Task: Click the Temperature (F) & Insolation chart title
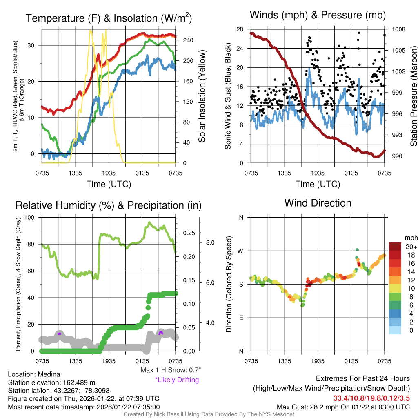coord(109,18)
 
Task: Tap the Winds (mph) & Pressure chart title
coord(318,15)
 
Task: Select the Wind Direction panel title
coord(318,203)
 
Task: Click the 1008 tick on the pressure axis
coord(398,29)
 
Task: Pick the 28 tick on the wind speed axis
coord(240,29)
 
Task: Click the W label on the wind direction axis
coord(241,251)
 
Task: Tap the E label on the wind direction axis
coord(241,318)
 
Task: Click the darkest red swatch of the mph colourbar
coord(396,247)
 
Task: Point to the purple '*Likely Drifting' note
coord(177,380)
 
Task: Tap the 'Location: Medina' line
coord(34,374)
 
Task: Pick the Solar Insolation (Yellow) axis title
coord(202,96)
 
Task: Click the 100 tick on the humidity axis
coord(32,217)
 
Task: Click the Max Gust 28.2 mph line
coord(343,407)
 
